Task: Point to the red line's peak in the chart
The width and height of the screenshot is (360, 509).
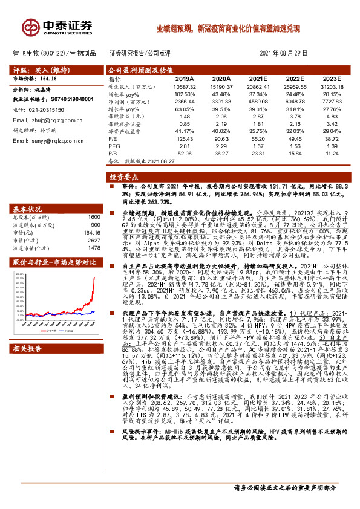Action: (x=94, y=279)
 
